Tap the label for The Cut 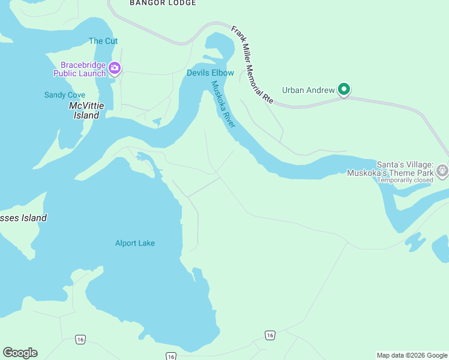pyautogui.click(x=103, y=41)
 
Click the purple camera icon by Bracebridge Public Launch pyautogui.click(x=115, y=67)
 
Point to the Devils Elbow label pyautogui.click(x=210, y=73)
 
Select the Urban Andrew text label pyautogui.click(x=308, y=91)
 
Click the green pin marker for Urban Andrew pyautogui.click(x=344, y=89)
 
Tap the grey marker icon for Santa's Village pyautogui.click(x=442, y=170)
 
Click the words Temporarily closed pyautogui.click(x=405, y=180)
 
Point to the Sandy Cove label pyautogui.click(x=65, y=95)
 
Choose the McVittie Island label pyautogui.click(x=86, y=110)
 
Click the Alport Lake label pyautogui.click(x=135, y=243)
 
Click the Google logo pyautogui.click(x=20, y=353)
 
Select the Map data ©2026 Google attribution pyautogui.click(x=412, y=355)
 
